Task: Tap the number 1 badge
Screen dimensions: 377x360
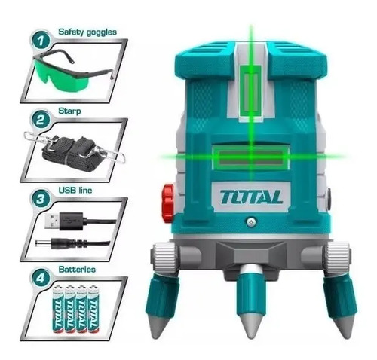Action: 41,41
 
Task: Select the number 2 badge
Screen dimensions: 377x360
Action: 41,120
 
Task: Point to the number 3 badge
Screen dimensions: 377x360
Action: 41,199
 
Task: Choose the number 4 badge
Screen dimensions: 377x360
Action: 41,278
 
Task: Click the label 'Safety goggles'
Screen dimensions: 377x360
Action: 87,32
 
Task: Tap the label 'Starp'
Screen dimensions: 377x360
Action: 69,111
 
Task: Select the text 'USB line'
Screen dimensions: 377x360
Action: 75,190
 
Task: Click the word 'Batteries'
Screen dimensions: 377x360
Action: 77,270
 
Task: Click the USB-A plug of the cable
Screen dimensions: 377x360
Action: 64,221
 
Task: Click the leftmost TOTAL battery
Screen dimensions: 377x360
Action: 57,309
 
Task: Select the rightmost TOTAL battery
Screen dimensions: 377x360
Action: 93,309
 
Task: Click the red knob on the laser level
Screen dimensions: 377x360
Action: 168,203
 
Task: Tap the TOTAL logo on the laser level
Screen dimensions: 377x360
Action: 251,197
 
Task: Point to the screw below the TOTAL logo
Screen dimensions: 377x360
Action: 250,222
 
